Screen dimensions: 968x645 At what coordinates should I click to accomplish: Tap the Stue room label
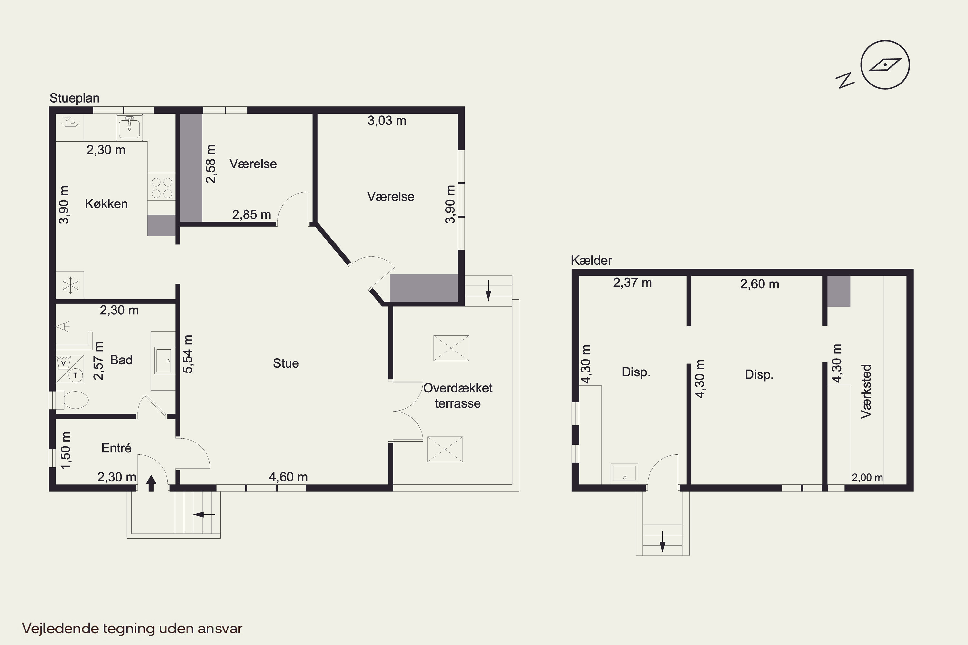[x=286, y=363]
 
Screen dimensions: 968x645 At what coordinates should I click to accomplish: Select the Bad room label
[x=121, y=360]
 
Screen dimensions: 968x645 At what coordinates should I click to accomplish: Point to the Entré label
[x=116, y=448]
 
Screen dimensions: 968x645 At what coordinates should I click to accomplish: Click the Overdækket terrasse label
[x=458, y=396]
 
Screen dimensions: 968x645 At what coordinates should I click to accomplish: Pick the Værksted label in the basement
[x=866, y=391]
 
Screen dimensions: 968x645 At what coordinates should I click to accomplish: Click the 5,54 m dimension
[x=188, y=354]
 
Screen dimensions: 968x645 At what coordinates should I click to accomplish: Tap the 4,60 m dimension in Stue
[x=288, y=477]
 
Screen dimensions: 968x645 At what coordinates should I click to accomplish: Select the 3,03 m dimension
[x=387, y=121]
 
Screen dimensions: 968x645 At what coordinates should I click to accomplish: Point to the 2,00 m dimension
[x=867, y=478]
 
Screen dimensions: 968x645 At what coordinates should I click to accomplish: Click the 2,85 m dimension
[x=251, y=215]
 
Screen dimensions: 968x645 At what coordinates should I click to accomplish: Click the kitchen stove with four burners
[x=162, y=188]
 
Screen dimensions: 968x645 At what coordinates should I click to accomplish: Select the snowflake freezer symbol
[x=70, y=285]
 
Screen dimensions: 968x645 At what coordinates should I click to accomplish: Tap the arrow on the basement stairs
[x=663, y=541]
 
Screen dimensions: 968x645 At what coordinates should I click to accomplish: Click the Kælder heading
[x=591, y=260]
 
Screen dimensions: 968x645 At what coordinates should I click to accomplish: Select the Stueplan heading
[x=75, y=98]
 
